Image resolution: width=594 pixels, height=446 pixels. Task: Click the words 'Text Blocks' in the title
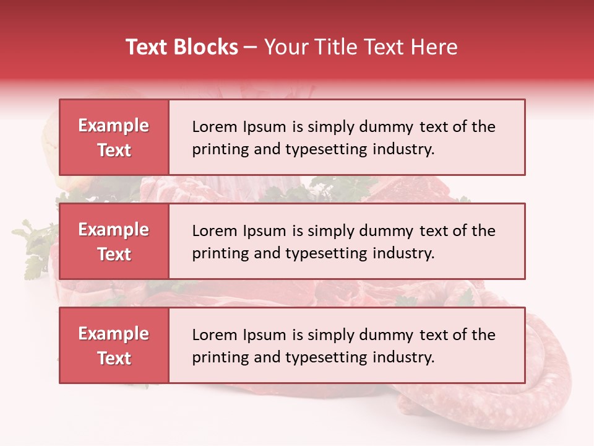pyautogui.click(x=182, y=47)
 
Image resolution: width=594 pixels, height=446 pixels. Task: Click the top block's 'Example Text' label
pyautogui.click(x=114, y=138)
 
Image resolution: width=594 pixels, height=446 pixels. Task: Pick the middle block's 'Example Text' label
pyautogui.click(x=114, y=242)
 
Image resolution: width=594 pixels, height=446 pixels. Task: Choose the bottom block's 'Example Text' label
pyautogui.click(x=114, y=346)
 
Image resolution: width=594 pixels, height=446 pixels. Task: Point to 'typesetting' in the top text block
pyautogui.click(x=329, y=149)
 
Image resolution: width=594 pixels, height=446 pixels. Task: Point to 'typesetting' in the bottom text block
pyautogui.click(x=329, y=357)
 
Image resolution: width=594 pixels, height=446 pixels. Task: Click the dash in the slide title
pyautogui.click(x=251, y=47)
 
